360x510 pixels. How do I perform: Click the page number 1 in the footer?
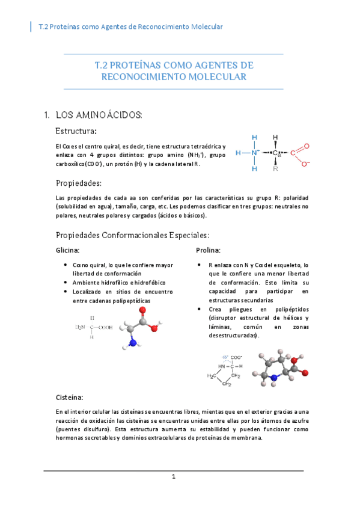click(173, 477)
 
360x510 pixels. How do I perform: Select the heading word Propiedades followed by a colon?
click(78, 183)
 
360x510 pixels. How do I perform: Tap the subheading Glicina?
click(67, 250)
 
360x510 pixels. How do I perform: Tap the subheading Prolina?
click(208, 250)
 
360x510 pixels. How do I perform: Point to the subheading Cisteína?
click(69, 398)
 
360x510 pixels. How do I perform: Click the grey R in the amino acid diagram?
click(275, 169)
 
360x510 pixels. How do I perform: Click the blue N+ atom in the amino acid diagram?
click(255, 153)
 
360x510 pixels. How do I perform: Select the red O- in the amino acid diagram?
click(305, 163)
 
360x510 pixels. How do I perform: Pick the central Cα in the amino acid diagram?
click(276, 153)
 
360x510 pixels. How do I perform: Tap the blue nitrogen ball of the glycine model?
click(132, 344)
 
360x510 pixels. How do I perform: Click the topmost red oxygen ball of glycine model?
click(142, 310)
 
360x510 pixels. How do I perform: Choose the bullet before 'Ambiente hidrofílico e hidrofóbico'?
click(65, 282)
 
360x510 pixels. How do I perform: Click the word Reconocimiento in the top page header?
click(163, 26)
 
